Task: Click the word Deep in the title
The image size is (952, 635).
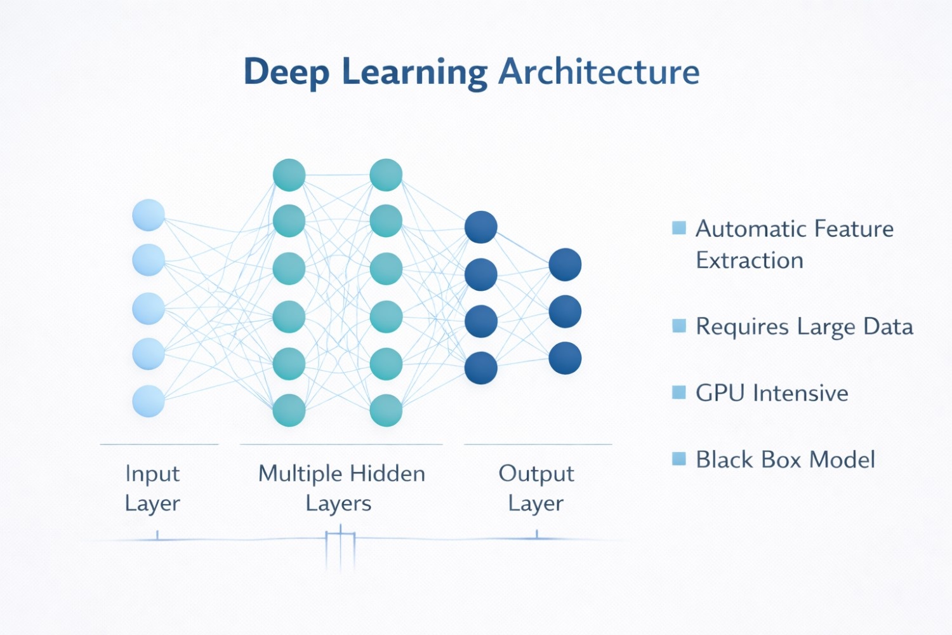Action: point(286,72)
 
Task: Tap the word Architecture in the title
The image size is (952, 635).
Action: point(598,71)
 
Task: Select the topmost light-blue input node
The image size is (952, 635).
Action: point(149,215)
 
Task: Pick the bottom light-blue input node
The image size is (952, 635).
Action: point(149,401)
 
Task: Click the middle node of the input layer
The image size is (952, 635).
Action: point(149,308)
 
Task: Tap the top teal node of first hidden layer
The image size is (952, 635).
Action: point(289,175)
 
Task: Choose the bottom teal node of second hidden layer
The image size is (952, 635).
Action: point(386,410)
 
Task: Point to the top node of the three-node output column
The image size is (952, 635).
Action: point(565,265)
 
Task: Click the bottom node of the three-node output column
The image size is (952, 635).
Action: point(565,358)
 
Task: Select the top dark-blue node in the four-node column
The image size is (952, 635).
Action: point(480,227)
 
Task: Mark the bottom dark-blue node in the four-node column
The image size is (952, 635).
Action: point(480,368)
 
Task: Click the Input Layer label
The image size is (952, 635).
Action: point(152,488)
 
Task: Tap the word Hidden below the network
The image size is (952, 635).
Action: point(387,474)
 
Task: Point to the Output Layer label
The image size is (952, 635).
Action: point(536,488)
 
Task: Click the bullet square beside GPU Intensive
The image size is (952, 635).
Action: point(679,392)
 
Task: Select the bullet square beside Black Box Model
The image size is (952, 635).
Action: point(679,458)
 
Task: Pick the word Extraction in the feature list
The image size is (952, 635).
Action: point(750,260)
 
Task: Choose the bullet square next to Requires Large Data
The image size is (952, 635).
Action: point(679,326)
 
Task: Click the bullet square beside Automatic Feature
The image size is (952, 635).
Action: point(679,228)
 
